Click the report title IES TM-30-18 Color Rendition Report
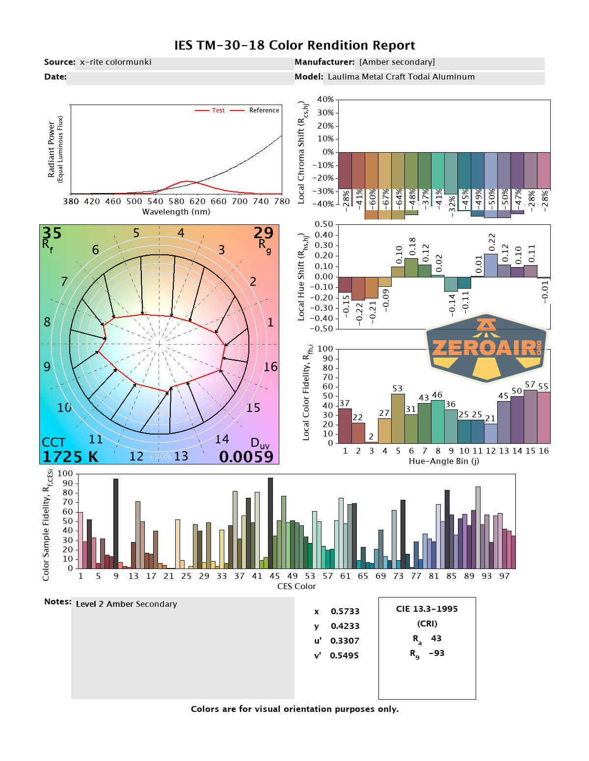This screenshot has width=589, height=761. coord(294,46)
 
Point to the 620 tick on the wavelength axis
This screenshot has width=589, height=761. coord(197,201)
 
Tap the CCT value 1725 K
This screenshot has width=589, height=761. coord(70,457)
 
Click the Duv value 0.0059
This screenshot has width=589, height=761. coord(246,457)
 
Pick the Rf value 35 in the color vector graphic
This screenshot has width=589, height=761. coord(52,233)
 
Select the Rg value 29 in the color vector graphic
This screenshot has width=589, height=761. coord(263,233)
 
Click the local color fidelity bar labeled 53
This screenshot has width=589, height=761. coord(398,418)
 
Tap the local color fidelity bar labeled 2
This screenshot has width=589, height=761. coord(372,442)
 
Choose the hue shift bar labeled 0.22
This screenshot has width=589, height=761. coord(491,265)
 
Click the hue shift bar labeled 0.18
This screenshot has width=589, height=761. coord(411,268)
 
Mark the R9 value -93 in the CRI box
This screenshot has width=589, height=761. coord(436,653)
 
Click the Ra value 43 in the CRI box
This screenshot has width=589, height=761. coord(436,638)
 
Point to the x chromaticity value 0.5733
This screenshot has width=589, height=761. coord(345,611)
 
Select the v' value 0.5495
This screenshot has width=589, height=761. coord(344,655)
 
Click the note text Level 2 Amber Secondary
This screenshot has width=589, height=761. coord(126,604)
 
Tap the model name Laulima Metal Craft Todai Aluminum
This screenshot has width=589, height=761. coord(401,77)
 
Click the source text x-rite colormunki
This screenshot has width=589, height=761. coord(115,62)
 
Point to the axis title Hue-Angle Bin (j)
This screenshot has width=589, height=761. coord(444,462)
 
